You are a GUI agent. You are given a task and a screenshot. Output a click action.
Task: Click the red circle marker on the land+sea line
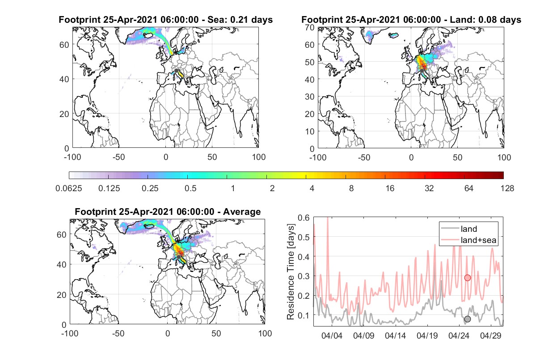(x=468, y=278)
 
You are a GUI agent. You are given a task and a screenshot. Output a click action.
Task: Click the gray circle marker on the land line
(x=468, y=319)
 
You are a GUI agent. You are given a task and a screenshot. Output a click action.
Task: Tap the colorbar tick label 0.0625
(x=69, y=188)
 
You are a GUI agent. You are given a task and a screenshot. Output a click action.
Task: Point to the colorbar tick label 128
(x=507, y=188)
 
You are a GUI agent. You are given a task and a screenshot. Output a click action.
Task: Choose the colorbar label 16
(x=390, y=188)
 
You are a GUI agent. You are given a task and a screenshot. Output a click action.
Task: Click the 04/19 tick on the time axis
(x=427, y=335)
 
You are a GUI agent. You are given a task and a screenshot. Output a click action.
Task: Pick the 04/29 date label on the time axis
(x=490, y=335)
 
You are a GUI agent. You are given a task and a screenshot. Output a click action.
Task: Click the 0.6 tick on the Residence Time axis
(x=304, y=218)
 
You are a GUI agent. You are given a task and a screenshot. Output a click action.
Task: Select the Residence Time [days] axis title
(x=291, y=272)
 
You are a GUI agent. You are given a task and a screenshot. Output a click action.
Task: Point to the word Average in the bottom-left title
(x=242, y=212)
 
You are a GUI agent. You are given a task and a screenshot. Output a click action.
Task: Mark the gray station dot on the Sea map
(x=176, y=71)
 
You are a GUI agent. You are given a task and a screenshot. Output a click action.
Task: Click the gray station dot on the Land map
(x=422, y=71)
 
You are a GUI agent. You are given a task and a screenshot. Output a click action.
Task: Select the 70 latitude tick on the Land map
(x=310, y=28)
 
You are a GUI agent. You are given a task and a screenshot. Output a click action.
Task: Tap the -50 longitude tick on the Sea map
(x=119, y=157)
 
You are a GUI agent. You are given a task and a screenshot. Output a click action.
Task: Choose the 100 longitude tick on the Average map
(x=265, y=333)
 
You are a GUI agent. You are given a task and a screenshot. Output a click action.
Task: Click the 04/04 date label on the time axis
(x=332, y=335)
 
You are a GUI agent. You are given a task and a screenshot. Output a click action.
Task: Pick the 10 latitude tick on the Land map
(x=310, y=131)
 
